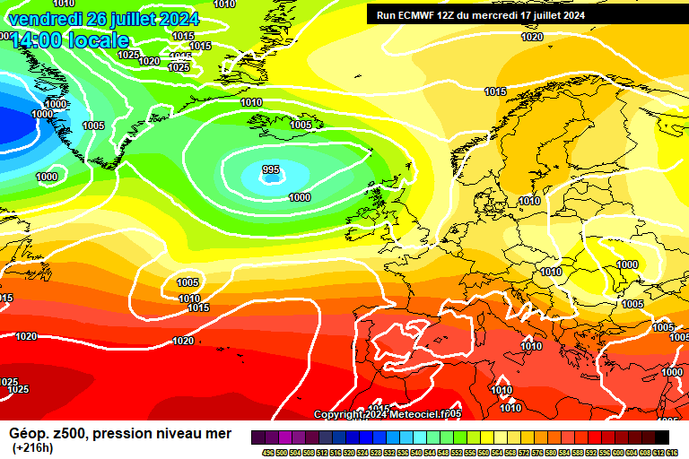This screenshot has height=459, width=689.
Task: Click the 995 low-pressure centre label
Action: (271, 169)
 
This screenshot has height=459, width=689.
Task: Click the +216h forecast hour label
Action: (32, 447)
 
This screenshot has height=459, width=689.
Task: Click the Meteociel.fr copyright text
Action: (388, 414)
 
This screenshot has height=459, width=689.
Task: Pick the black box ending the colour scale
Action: (661, 437)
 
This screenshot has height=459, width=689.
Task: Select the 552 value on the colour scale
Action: (449, 452)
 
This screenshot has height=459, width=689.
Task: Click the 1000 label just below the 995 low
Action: (300, 197)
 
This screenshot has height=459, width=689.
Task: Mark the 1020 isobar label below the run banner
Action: (532, 37)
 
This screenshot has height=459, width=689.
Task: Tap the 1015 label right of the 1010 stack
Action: (199, 307)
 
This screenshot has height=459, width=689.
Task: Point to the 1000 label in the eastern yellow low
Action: (628, 264)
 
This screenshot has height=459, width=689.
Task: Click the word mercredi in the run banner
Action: (496, 15)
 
